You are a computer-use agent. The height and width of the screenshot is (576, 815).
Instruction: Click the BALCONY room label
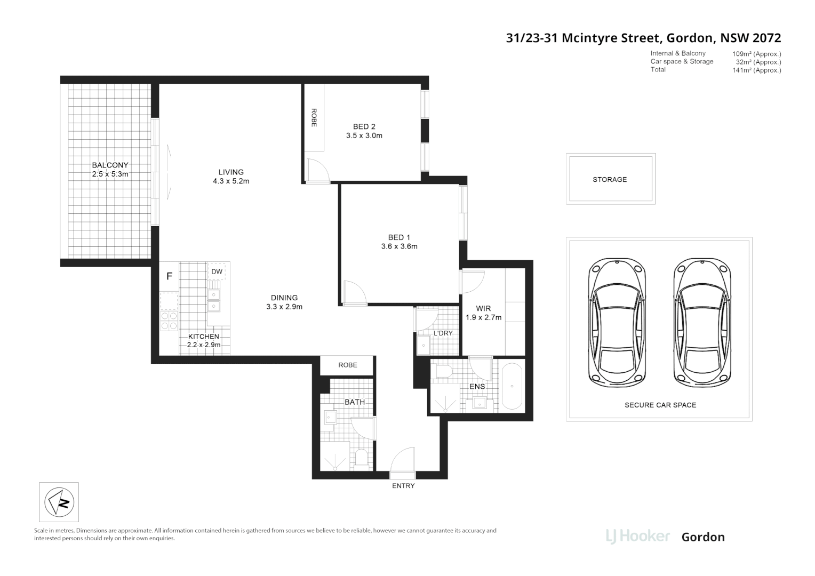tap(110, 165)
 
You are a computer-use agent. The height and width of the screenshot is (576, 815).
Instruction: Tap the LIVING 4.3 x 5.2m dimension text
tap(231, 181)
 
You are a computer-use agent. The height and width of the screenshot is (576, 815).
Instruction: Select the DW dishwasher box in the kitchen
tap(217, 271)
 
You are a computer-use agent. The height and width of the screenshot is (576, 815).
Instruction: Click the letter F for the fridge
tap(169, 276)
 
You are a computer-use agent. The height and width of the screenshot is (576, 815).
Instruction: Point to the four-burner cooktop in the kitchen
tap(169, 321)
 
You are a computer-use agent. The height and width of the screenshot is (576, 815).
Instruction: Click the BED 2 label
tap(364, 126)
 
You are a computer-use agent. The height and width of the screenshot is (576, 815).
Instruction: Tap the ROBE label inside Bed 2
tap(314, 118)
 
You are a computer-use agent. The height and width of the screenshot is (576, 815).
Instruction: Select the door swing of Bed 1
tap(352, 292)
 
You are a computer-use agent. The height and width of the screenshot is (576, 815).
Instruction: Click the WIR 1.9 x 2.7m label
tap(483, 313)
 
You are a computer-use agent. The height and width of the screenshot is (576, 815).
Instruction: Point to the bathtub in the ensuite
tap(512, 386)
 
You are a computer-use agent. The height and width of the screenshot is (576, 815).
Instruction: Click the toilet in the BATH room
tap(362, 458)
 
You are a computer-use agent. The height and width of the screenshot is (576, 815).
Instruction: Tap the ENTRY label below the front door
tap(403, 486)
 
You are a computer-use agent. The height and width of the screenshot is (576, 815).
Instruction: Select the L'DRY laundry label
tap(443, 333)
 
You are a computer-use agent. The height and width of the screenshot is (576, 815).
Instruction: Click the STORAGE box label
tap(610, 180)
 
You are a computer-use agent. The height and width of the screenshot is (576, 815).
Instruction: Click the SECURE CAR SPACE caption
tap(660, 405)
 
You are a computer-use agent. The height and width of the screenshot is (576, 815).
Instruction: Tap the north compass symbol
tap(59, 502)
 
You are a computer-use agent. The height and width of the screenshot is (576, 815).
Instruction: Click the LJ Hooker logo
tap(638, 536)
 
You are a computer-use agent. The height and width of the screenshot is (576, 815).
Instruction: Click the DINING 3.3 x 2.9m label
tap(284, 302)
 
